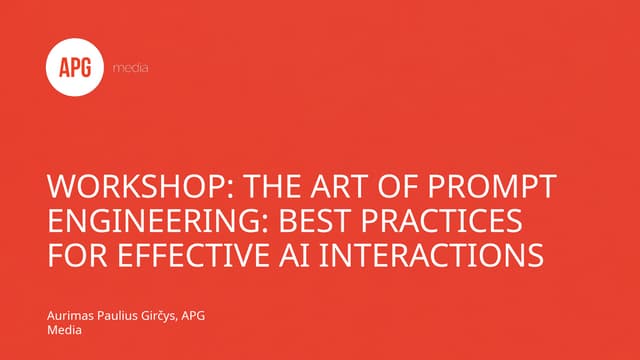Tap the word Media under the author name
click(x=65, y=331)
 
